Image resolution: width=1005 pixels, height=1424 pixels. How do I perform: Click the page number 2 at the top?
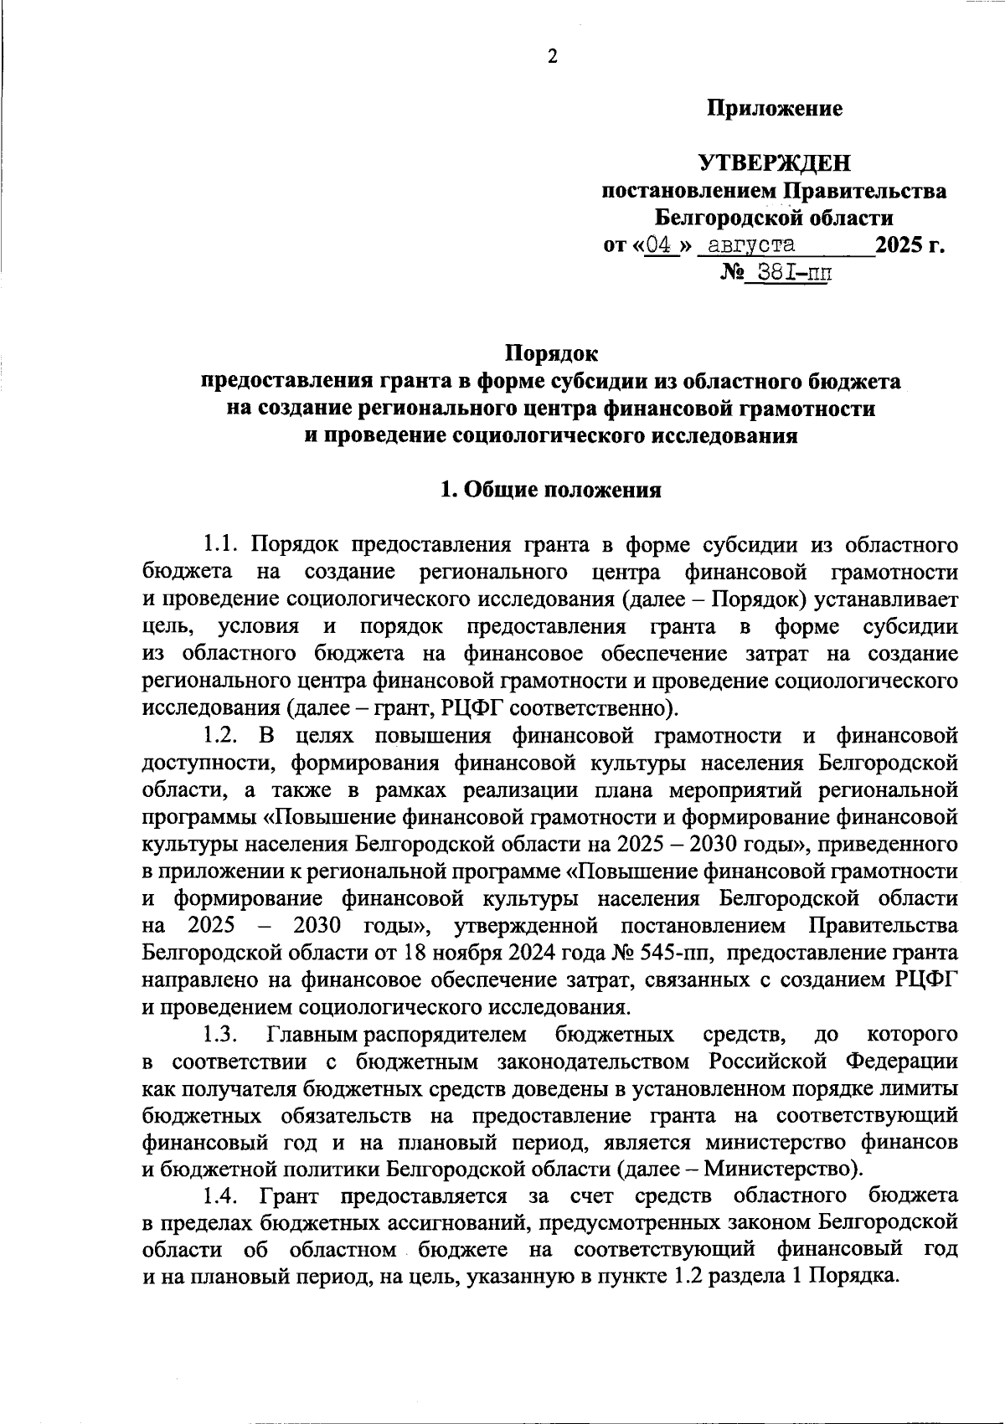coord(552,57)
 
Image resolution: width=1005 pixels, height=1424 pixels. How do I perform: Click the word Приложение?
coord(775,109)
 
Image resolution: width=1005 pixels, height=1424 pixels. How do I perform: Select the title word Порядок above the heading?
coord(551,355)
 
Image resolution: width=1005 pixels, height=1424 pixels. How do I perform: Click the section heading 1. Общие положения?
coord(551,491)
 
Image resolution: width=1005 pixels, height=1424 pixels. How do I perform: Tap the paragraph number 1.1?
coord(222,545)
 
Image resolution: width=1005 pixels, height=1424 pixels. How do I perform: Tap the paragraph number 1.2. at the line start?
coord(222,736)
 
